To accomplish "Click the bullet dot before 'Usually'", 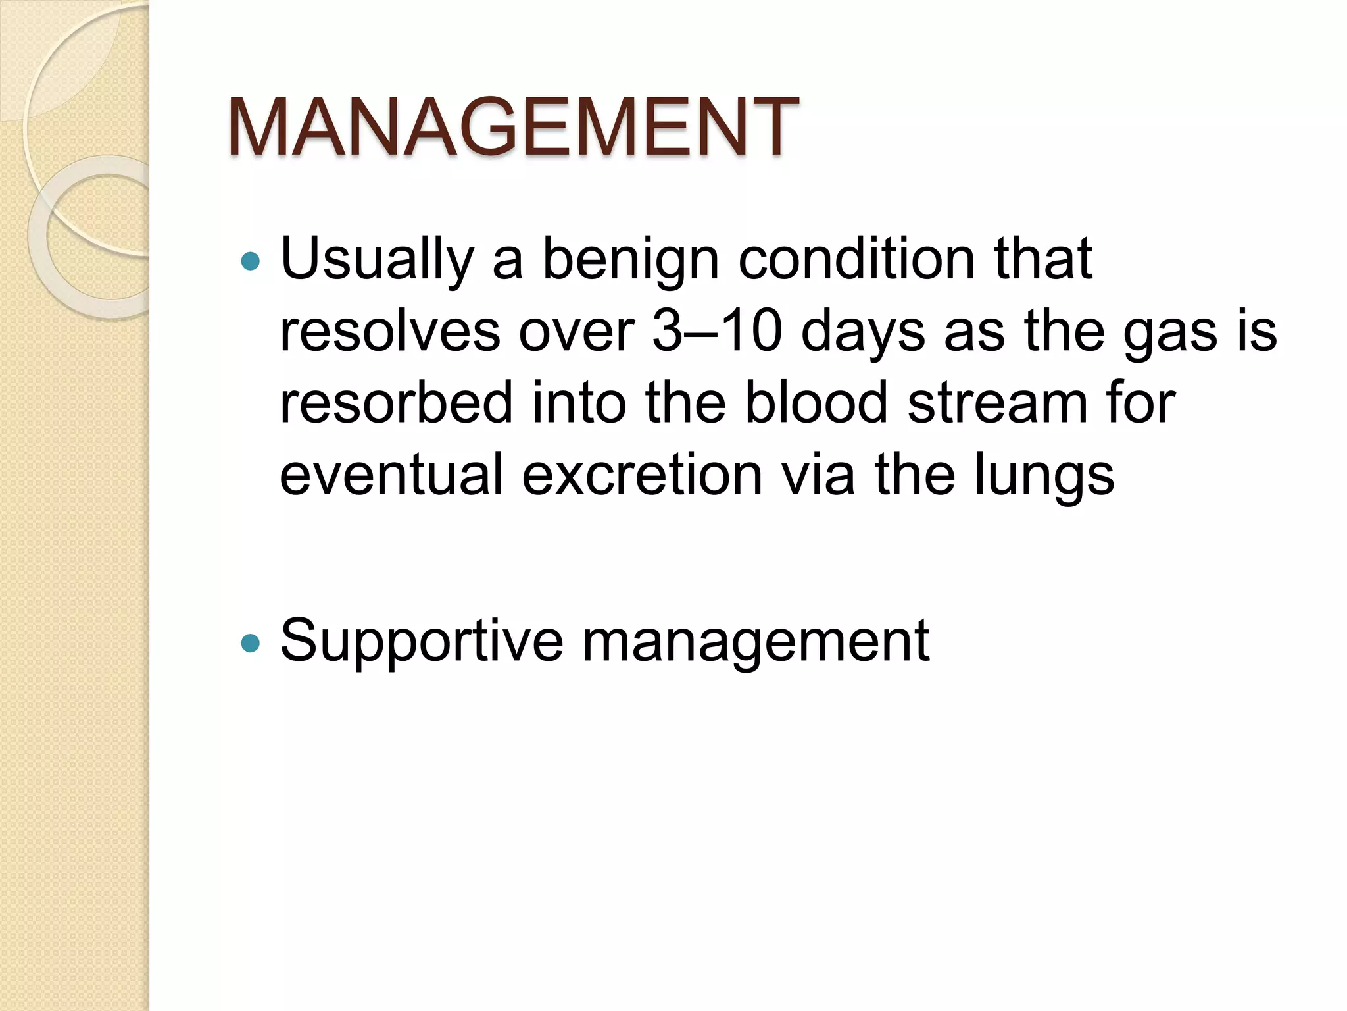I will tap(251, 262).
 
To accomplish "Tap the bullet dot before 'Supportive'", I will tap(251, 643).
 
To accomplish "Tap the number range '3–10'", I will tap(717, 331).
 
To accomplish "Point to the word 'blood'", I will tap(816, 403).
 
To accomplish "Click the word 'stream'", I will tap(997, 403).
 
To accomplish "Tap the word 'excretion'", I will tap(642, 474).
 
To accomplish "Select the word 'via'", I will tap(818, 474).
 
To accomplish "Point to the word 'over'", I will tap(576, 332).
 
